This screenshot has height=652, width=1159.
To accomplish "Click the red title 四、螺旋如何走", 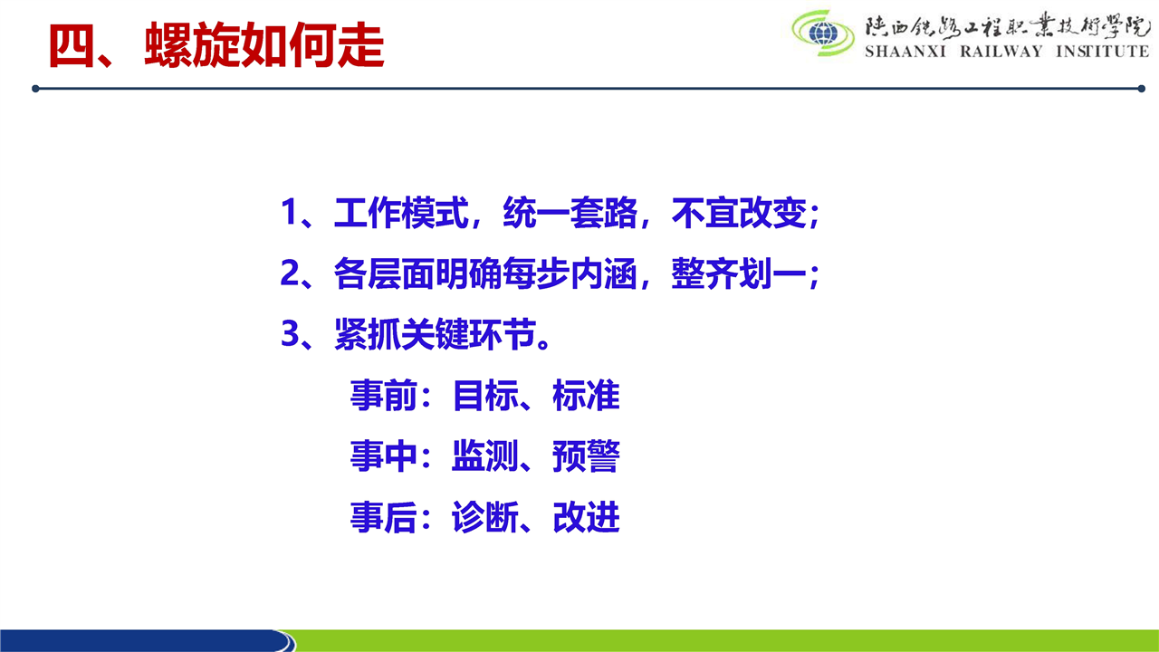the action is click(216, 45).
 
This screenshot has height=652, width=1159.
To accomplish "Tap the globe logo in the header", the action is click(823, 34).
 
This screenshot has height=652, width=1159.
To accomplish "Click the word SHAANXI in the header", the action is click(905, 52).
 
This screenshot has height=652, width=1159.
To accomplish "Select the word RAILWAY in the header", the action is click(1001, 52).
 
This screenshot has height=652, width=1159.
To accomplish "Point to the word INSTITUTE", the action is click(1103, 52).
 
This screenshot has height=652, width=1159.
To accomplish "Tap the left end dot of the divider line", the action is click(35, 89).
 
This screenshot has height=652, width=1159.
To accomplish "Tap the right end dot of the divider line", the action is click(1142, 89).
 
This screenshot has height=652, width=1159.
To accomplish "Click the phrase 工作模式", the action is click(401, 213).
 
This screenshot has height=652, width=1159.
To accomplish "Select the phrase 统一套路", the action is click(570, 213).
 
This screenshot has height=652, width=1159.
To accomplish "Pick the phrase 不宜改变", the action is click(739, 213).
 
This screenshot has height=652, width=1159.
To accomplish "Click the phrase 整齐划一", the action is click(739, 273).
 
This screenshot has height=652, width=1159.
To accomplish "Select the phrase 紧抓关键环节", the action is click(435, 334).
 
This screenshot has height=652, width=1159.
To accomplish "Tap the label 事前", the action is click(383, 396).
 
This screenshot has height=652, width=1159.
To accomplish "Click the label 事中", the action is click(383, 455).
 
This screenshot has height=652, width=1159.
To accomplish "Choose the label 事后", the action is click(383, 516).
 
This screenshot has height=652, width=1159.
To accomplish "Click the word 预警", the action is click(586, 455).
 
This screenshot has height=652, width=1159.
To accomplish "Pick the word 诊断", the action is click(484, 516).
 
